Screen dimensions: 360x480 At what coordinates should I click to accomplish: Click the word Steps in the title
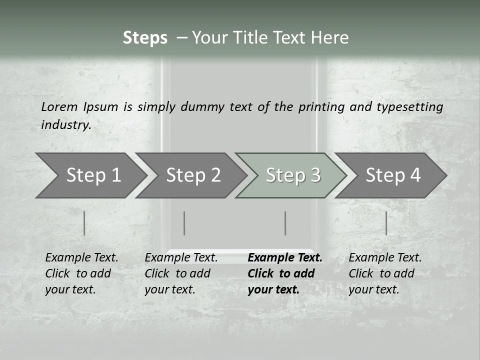click(x=145, y=38)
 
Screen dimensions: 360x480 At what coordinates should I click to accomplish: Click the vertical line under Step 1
click(x=84, y=223)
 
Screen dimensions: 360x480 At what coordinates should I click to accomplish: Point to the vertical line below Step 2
click(x=184, y=223)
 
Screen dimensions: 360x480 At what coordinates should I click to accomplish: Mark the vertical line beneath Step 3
click(x=285, y=223)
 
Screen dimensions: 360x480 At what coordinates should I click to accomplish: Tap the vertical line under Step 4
click(x=386, y=223)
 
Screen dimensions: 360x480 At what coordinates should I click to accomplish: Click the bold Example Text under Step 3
click(x=285, y=257)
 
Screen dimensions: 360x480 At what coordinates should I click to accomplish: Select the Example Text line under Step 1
click(x=81, y=257)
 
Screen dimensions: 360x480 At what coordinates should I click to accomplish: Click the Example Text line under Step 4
click(x=385, y=257)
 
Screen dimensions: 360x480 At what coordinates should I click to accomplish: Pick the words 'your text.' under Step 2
click(x=169, y=289)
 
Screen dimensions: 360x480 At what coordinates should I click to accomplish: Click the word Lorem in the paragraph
click(x=59, y=106)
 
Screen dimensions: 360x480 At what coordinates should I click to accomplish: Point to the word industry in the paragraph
click(x=65, y=125)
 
